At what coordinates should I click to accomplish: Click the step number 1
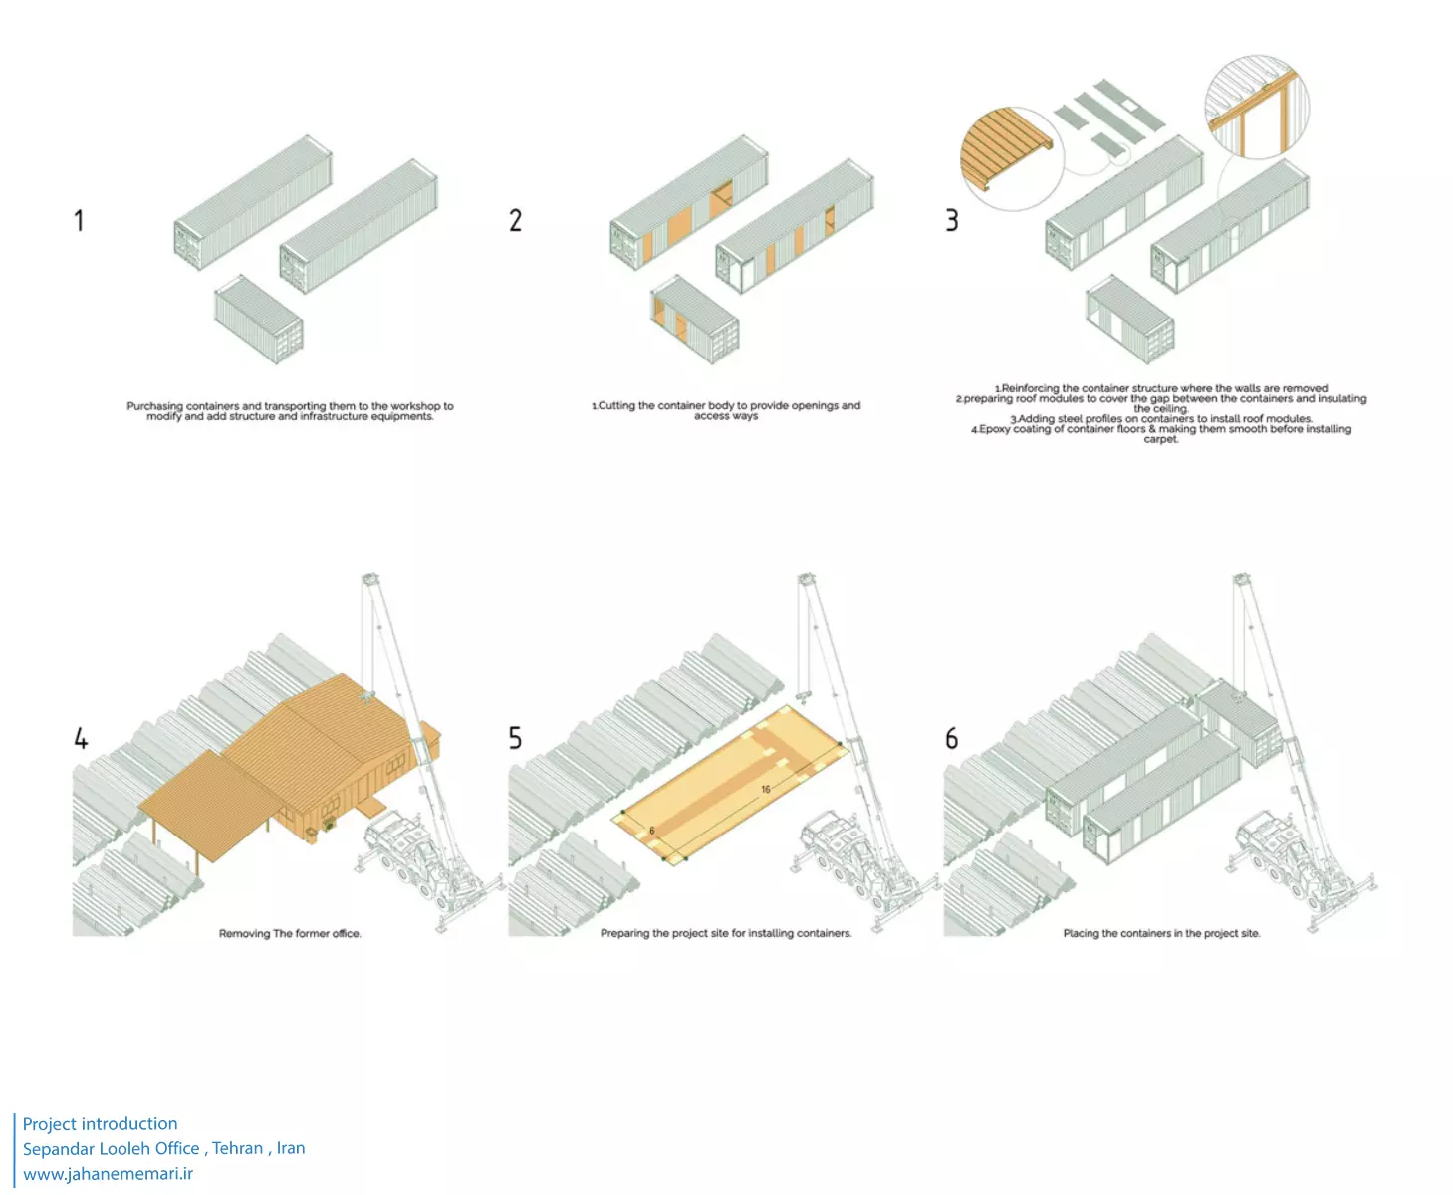[x=79, y=220]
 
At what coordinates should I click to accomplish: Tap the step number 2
[x=515, y=220]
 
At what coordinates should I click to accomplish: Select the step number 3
[x=952, y=220]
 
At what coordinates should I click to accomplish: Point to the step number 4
[x=81, y=738]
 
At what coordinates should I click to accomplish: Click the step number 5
[x=515, y=738]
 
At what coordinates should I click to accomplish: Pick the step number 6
[x=952, y=738]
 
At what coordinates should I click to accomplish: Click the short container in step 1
[x=259, y=319]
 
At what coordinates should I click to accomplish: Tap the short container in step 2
[x=695, y=319]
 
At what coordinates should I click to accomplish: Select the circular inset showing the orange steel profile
[x=1257, y=107]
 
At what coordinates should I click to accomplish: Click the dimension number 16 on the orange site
[x=766, y=789]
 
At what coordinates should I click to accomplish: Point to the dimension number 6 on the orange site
[x=652, y=830]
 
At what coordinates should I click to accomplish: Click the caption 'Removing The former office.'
[x=290, y=934]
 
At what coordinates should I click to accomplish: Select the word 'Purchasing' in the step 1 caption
[x=155, y=406]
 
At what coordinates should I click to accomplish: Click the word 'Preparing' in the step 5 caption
[x=625, y=934]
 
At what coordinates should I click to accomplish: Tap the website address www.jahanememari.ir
[x=109, y=1173]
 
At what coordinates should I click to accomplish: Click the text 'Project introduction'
[x=101, y=1124]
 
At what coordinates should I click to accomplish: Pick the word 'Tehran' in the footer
[x=238, y=1148]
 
